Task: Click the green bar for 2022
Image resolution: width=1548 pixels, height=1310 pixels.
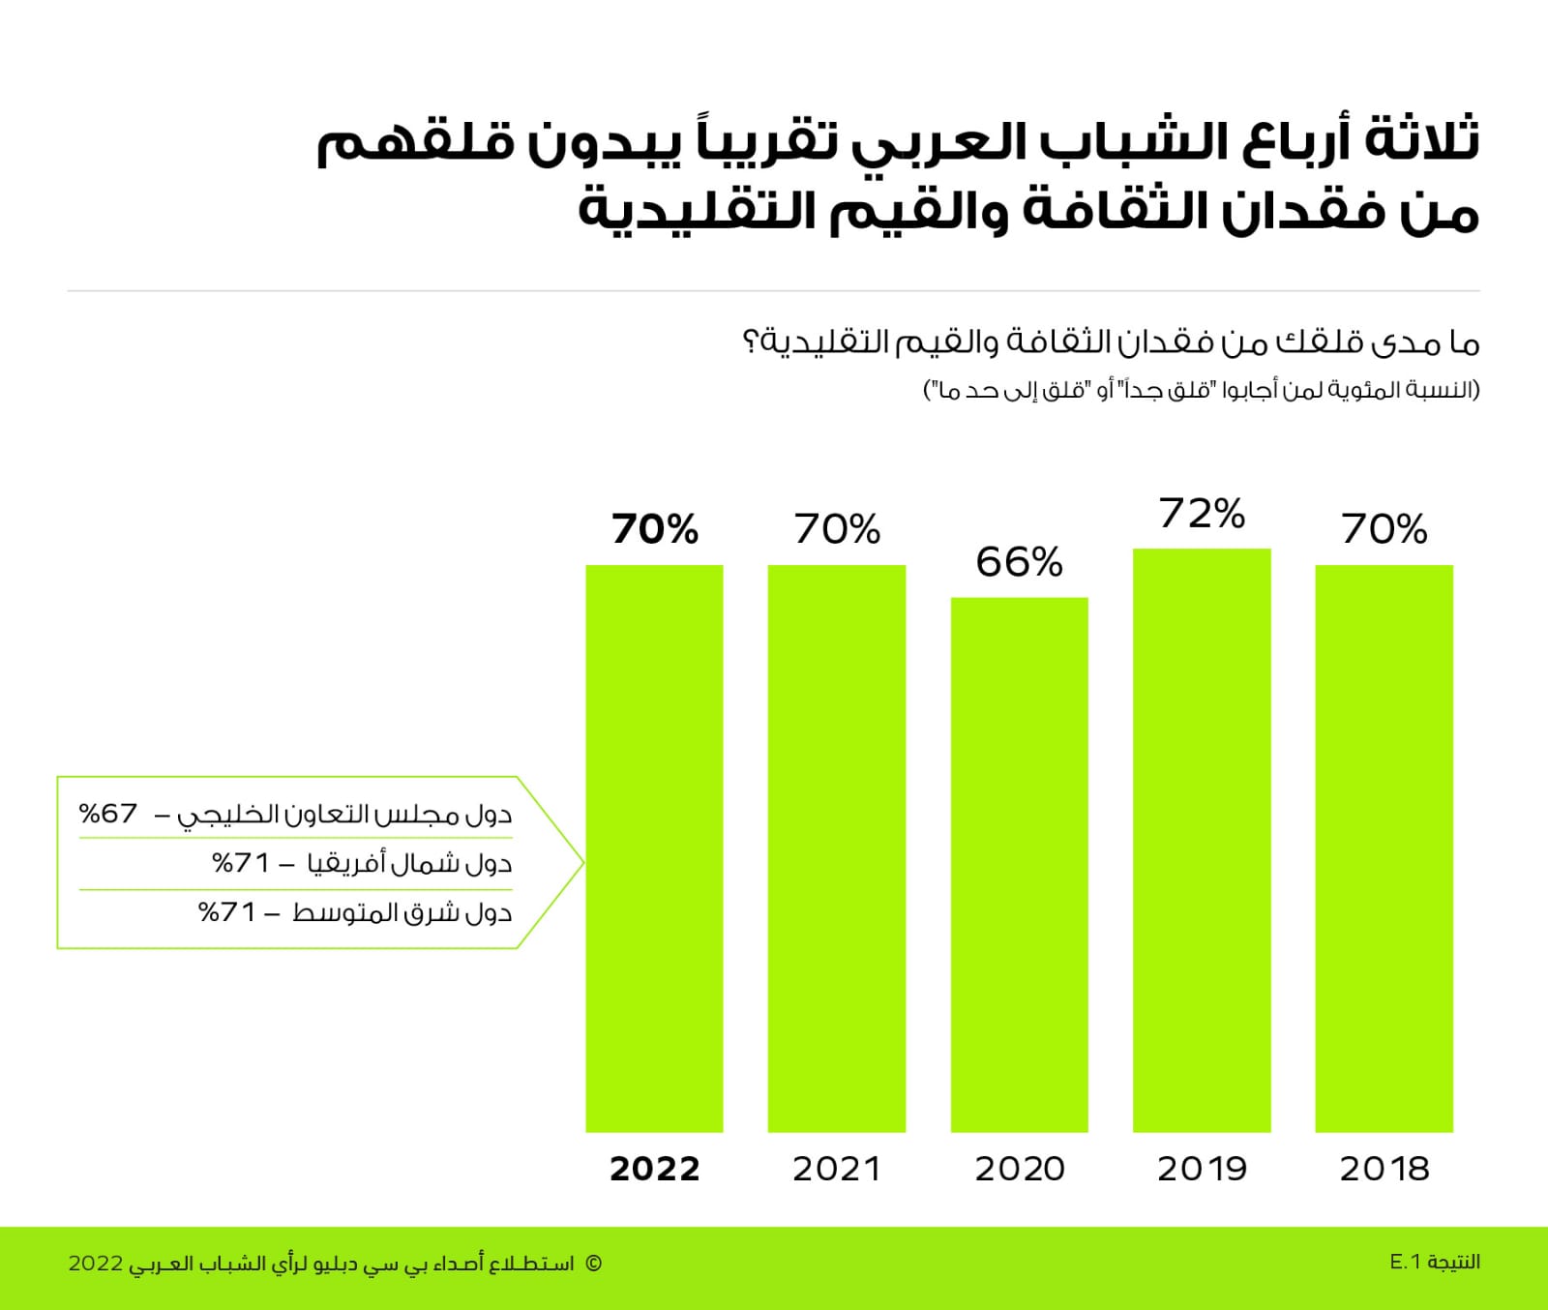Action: coord(654,848)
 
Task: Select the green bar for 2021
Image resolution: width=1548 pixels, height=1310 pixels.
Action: coord(837,848)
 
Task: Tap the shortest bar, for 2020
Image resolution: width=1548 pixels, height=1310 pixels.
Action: coord(1020,864)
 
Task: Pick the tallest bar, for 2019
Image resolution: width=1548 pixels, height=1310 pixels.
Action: coord(1202,840)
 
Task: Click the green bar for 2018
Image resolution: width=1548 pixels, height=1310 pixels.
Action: coord(1384,848)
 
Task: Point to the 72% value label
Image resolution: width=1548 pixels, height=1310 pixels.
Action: coord(1202,514)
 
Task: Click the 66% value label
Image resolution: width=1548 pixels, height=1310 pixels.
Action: coord(1020,562)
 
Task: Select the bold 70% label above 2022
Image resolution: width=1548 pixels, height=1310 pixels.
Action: coord(654,529)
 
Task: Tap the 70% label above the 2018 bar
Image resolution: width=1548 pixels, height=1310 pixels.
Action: coord(1384,529)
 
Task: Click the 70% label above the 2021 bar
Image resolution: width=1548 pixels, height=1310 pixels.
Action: coord(837,529)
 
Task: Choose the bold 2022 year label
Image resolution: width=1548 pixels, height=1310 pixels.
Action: coord(654,1169)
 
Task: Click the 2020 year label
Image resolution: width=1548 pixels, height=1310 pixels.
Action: coord(1020,1169)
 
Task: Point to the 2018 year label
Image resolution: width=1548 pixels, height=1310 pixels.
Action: coord(1384,1169)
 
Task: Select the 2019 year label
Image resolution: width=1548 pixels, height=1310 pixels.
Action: coord(1202,1169)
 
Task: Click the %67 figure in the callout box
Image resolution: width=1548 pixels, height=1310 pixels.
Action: coord(108,813)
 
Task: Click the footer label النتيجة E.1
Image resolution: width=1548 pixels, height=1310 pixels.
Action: coord(1435,1262)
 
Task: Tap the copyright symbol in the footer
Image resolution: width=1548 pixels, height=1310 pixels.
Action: coord(594,1264)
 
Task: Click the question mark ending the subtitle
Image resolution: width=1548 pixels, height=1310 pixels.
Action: coord(750,342)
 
